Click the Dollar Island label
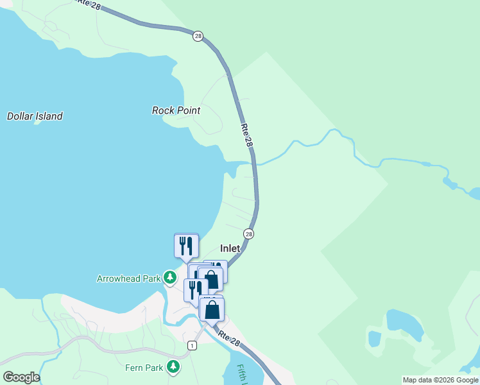click(35, 117)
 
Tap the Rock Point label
click(176, 110)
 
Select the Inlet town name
click(230, 248)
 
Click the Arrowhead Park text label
click(128, 278)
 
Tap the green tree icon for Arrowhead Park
click(169, 278)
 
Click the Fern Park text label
click(144, 368)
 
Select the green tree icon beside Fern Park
click(173, 367)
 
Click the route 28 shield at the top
click(198, 36)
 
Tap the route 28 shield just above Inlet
click(248, 234)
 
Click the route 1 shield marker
click(192, 345)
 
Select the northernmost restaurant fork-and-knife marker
click(186, 244)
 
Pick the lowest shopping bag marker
click(212, 309)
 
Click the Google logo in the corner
click(21, 377)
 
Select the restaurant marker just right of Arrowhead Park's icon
click(194, 290)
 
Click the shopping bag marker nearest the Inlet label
click(212, 280)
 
